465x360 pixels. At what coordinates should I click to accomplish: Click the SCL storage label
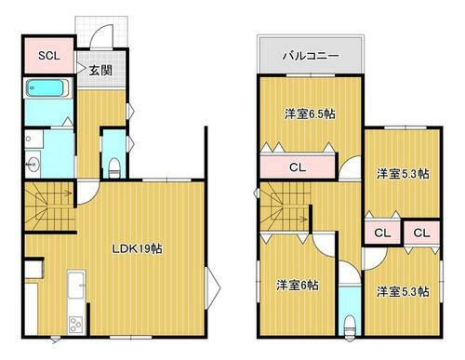point(49,56)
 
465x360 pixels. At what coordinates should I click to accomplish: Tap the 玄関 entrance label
point(100,71)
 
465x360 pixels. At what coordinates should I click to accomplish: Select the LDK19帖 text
point(137,248)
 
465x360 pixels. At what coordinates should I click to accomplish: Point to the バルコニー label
point(311,56)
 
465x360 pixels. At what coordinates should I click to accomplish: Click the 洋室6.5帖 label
point(310,114)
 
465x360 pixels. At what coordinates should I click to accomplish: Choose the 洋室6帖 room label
point(298,285)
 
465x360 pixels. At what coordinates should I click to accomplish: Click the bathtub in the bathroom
point(47,88)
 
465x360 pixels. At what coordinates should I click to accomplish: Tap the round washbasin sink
point(33,164)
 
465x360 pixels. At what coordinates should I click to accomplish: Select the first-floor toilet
point(114,168)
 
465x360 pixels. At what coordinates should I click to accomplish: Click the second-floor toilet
point(350,326)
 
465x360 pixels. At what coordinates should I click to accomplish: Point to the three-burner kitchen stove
point(75,325)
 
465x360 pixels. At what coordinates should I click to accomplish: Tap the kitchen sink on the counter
point(76,285)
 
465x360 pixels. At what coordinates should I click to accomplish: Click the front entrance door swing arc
point(100,34)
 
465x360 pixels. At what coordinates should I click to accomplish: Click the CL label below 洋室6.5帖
point(298,167)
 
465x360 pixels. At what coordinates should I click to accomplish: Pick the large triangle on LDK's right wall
point(213,288)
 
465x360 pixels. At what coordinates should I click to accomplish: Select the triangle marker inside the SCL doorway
point(80,68)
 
